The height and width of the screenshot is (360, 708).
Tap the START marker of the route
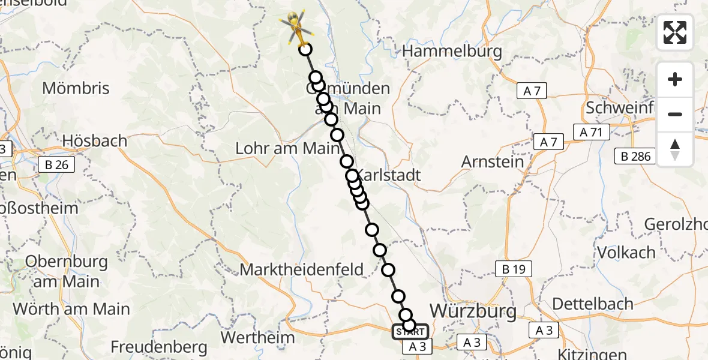coord(410,332)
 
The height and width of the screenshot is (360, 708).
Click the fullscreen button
coord(675,32)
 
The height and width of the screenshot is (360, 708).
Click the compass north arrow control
coord(675,149)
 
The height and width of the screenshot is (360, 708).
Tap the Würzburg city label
coord(473,311)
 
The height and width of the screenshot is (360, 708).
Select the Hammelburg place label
coord(452,52)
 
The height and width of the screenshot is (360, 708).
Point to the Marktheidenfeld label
coord(302,269)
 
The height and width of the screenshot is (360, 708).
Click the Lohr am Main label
coord(288,148)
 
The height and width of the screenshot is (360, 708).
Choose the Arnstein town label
coord(493,161)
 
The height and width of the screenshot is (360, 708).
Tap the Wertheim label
coord(257,337)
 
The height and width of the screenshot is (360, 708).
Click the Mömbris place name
coord(76,89)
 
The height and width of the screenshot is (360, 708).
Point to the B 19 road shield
coord(513,269)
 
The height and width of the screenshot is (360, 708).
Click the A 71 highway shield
coord(591,133)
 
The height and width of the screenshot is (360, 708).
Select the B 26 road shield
coord(56,164)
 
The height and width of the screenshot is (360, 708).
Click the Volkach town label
coord(626,252)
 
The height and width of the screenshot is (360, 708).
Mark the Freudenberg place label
coord(159,347)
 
